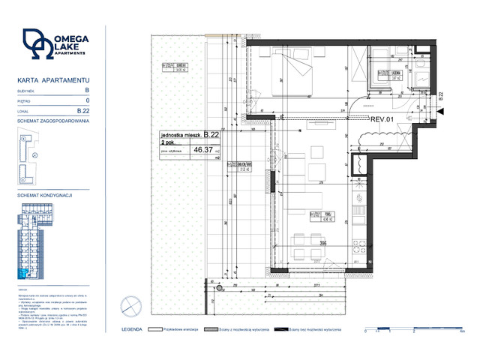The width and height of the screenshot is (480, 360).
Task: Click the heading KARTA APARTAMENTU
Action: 53,79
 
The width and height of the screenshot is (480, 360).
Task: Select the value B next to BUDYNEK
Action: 87,89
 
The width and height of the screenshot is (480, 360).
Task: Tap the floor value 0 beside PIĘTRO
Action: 88,100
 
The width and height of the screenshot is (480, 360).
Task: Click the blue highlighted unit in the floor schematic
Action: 22,274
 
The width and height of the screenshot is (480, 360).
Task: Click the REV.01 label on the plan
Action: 382,118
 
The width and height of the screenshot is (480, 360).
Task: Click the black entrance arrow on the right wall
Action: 439,111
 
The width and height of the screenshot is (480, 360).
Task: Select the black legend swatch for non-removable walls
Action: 281,329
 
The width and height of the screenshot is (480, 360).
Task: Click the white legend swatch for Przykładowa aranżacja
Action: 157,329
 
